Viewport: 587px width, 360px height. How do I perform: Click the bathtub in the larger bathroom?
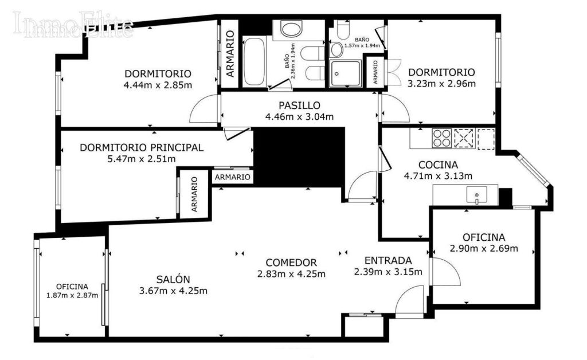pyautogui.click(x=254, y=62)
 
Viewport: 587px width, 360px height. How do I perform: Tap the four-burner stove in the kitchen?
pyautogui.click(x=442, y=138)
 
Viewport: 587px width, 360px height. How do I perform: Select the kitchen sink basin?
pyautogui.click(x=476, y=195)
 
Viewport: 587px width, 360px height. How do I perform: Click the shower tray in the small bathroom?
pyautogui.click(x=345, y=73)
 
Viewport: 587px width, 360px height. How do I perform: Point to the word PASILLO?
pyautogui.click(x=299, y=106)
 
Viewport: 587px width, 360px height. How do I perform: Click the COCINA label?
pyautogui.click(x=438, y=165)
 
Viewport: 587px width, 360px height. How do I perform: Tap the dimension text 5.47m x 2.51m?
pyautogui.click(x=142, y=159)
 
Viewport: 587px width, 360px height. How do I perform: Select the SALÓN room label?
pyautogui.click(x=173, y=279)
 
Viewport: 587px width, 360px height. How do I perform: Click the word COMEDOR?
pyautogui.click(x=291, y=263)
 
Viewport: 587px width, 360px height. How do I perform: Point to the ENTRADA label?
pyautogui.click(x=388, y=260)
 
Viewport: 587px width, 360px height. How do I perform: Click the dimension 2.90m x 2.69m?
pyautogui.click(x=484, y=248)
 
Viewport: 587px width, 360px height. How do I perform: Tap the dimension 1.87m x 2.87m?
pyautogui.click(x=72, y=295)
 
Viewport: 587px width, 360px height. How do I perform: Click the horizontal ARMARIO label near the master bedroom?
pyautogui.click(x=233, y=177)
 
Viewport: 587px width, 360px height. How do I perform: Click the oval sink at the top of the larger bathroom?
pyautogui.click(x=291, y=29)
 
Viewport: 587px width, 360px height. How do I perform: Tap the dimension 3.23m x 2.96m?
pyautogui.click(x=441, y=84)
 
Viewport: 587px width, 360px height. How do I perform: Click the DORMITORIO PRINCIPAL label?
pyautogui.click(x=142, y=147)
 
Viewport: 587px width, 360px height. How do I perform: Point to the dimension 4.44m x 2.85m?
pyautogui.click(x=158, y=85)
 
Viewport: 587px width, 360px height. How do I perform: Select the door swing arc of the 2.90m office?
pyautogui.click(x=455, y=269)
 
